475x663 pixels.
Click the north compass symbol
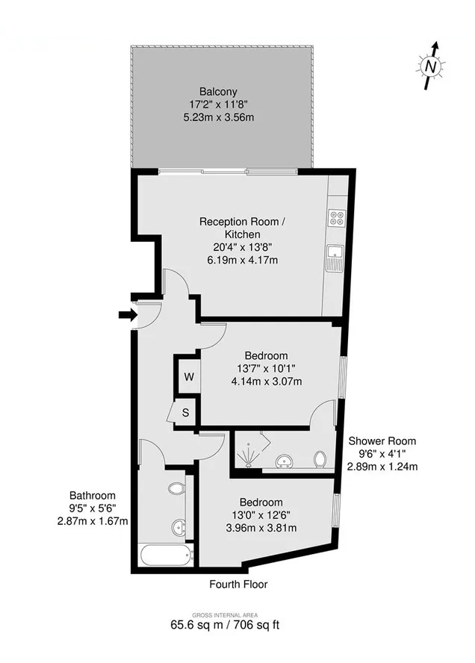pos(430,66)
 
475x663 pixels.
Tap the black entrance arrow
pos(127,314)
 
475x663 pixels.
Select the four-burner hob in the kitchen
pos(337,218)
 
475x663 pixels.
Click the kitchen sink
pos(335,258)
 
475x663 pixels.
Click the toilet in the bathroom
pos(177,488)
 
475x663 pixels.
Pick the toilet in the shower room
pos(320,459)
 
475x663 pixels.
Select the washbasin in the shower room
pos(284,461)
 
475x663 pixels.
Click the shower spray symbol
pos(246,457)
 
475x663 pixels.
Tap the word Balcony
pos(218,91)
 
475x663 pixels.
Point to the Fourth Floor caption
pos(238,585)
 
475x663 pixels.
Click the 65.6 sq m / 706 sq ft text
pos(225,625)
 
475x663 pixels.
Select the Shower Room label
pos(382,441)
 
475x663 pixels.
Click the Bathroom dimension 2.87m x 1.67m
pos(93,521)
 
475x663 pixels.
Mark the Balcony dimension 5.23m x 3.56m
pos(219,117)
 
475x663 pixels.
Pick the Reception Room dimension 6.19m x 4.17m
pos(243,260)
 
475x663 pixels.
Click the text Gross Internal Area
pos(225,615)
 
